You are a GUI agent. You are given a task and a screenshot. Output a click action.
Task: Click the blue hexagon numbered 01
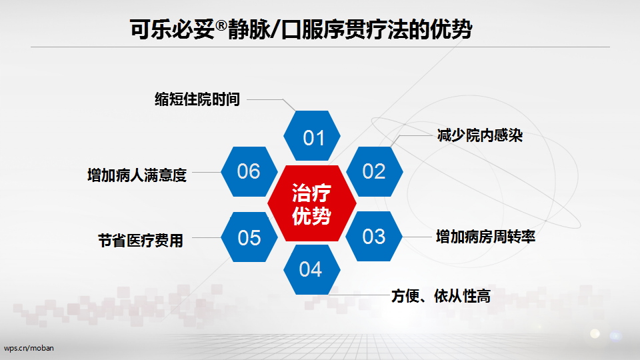tap(312, 135)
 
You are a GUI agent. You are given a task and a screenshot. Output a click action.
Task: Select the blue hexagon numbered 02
tap(374, 171)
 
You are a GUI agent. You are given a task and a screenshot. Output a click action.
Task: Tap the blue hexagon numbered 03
tap(374, 236)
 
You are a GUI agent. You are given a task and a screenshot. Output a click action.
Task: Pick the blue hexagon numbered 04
tap(312, 269)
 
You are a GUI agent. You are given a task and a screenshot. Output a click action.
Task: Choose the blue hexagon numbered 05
tap(249, 237)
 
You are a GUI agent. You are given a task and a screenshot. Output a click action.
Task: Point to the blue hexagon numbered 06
tap(249, 171)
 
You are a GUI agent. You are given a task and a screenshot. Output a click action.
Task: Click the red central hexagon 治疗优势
tap(312, 203)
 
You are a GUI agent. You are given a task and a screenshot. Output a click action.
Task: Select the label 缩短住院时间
tap(197, 99)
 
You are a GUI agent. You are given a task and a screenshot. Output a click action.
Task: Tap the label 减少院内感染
tap(479, 135)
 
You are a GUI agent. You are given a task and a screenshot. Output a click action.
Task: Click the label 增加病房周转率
tap(486, 237)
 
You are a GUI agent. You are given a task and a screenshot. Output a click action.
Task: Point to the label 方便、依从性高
tap(441, 296)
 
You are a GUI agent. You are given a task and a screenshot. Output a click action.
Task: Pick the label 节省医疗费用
tap(141, 241)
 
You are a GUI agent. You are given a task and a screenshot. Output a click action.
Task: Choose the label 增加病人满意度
tap(137, 175)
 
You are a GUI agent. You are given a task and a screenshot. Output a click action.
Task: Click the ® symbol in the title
tap(221, 25)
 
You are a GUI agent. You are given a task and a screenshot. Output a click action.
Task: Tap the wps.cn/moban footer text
tap(29, 348)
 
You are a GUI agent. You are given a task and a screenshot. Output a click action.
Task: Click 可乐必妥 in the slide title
tap(172, 29)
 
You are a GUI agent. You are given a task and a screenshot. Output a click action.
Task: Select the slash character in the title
tap(275, 29)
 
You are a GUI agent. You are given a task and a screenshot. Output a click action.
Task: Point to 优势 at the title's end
tap(451, 29)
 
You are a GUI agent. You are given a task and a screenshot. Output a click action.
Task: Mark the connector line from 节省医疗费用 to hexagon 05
tap(207, 237)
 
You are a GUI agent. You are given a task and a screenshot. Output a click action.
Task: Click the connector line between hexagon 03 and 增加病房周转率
tap(417, 237)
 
